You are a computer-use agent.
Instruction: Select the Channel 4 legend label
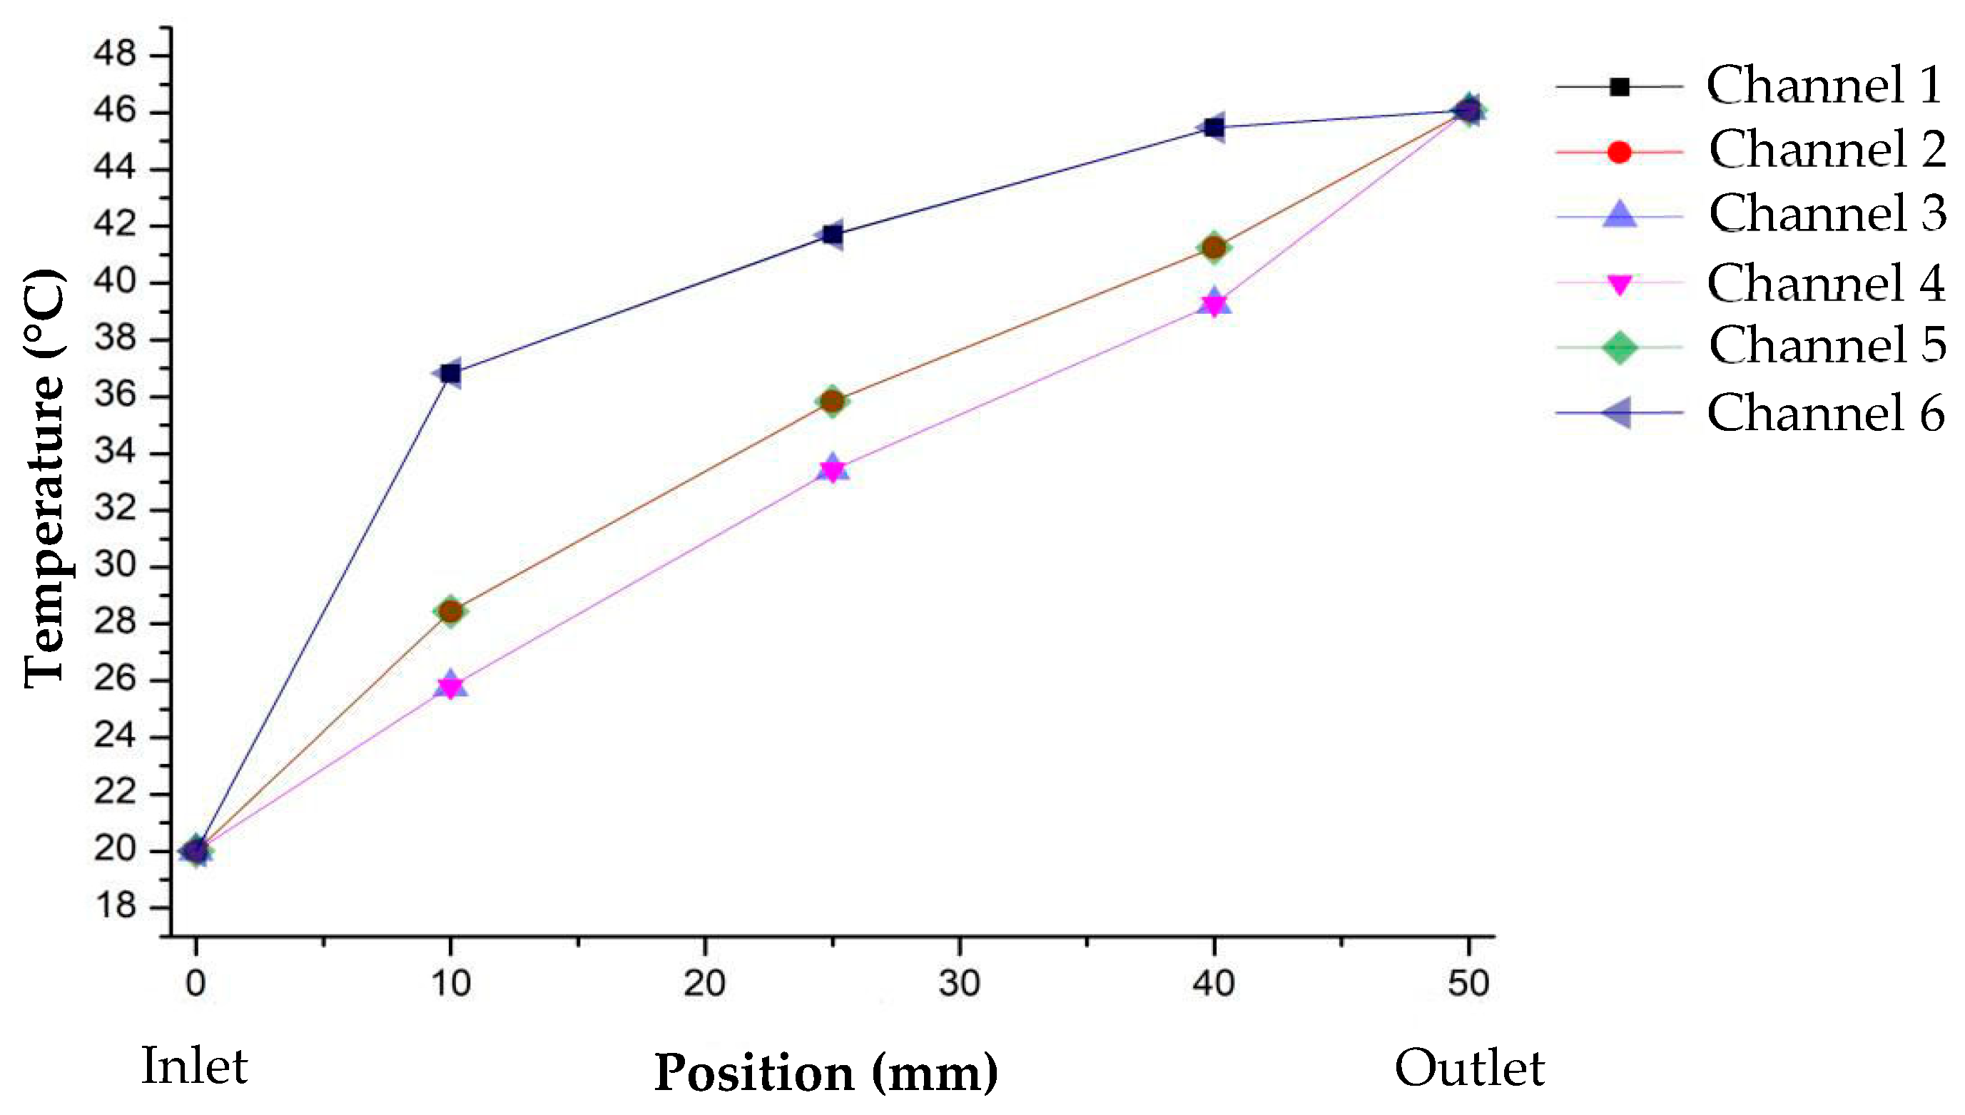1826,283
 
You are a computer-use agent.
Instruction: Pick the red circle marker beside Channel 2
1619,153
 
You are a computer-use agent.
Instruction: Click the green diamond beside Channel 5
1619,347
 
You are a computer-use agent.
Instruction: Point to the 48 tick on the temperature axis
115,54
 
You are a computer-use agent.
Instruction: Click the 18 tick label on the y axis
115,907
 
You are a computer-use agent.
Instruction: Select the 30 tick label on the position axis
959,983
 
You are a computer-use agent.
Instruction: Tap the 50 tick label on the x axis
1468,983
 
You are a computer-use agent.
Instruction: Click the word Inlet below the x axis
195,1066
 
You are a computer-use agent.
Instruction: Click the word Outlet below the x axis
1469,1069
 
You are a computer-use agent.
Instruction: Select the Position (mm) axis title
826,1074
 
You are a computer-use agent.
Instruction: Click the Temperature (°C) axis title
44,479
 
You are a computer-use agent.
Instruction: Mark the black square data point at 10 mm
450,373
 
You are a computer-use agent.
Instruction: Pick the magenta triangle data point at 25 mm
833,469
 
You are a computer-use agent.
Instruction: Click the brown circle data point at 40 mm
1214,248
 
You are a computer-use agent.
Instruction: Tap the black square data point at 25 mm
833,234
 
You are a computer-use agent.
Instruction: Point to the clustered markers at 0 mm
196,851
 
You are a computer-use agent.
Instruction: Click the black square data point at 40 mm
1214,127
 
